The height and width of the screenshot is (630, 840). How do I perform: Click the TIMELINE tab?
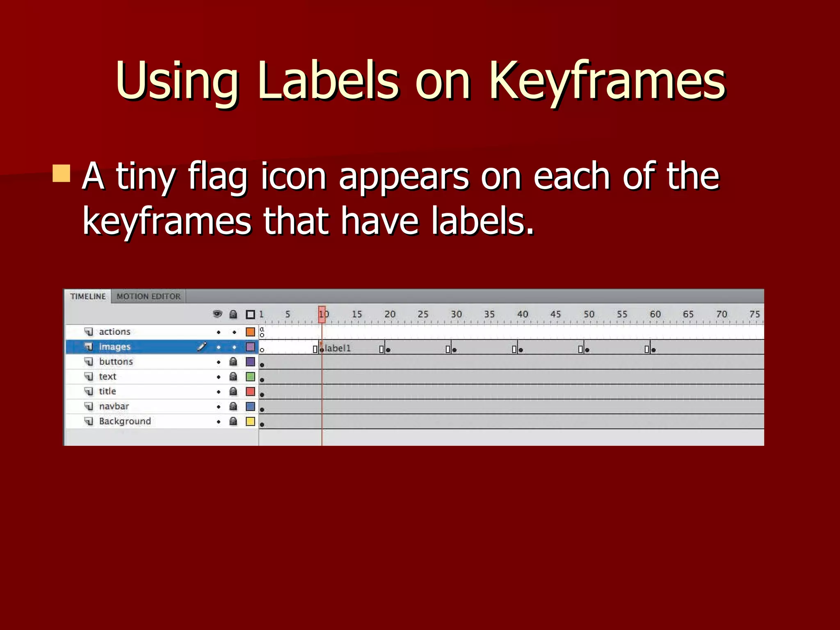[88, 296]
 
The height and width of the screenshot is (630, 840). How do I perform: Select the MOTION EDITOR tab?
[148, 296]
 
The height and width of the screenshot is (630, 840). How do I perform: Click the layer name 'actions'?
[114, 331]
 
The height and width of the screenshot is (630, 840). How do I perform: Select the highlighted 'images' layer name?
[114, 347]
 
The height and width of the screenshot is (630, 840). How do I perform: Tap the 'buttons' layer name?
[116, 361]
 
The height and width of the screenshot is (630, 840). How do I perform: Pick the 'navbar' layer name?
[114, 406]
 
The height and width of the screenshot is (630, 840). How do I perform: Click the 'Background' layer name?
[125, 421]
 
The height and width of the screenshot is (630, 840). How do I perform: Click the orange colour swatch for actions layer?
[250, 331]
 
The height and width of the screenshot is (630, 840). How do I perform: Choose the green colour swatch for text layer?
[250, 377]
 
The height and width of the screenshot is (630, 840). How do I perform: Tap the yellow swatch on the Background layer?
[250, 421]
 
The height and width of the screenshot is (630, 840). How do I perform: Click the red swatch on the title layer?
[250, 391]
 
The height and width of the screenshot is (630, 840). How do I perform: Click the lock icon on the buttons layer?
[233, 361]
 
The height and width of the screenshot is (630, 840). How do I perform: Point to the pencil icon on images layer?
[201, 347]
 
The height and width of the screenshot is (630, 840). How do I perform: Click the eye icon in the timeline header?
[217, 314]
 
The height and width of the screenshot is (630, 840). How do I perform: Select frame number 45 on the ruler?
[555, 314]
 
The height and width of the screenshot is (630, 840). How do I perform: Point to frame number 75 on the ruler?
[754, 314]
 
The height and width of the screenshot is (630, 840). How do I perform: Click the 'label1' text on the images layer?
[338, 348]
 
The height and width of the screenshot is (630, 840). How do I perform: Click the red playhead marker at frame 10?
[322, 314]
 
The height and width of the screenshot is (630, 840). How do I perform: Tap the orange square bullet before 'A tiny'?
[62, 173]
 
